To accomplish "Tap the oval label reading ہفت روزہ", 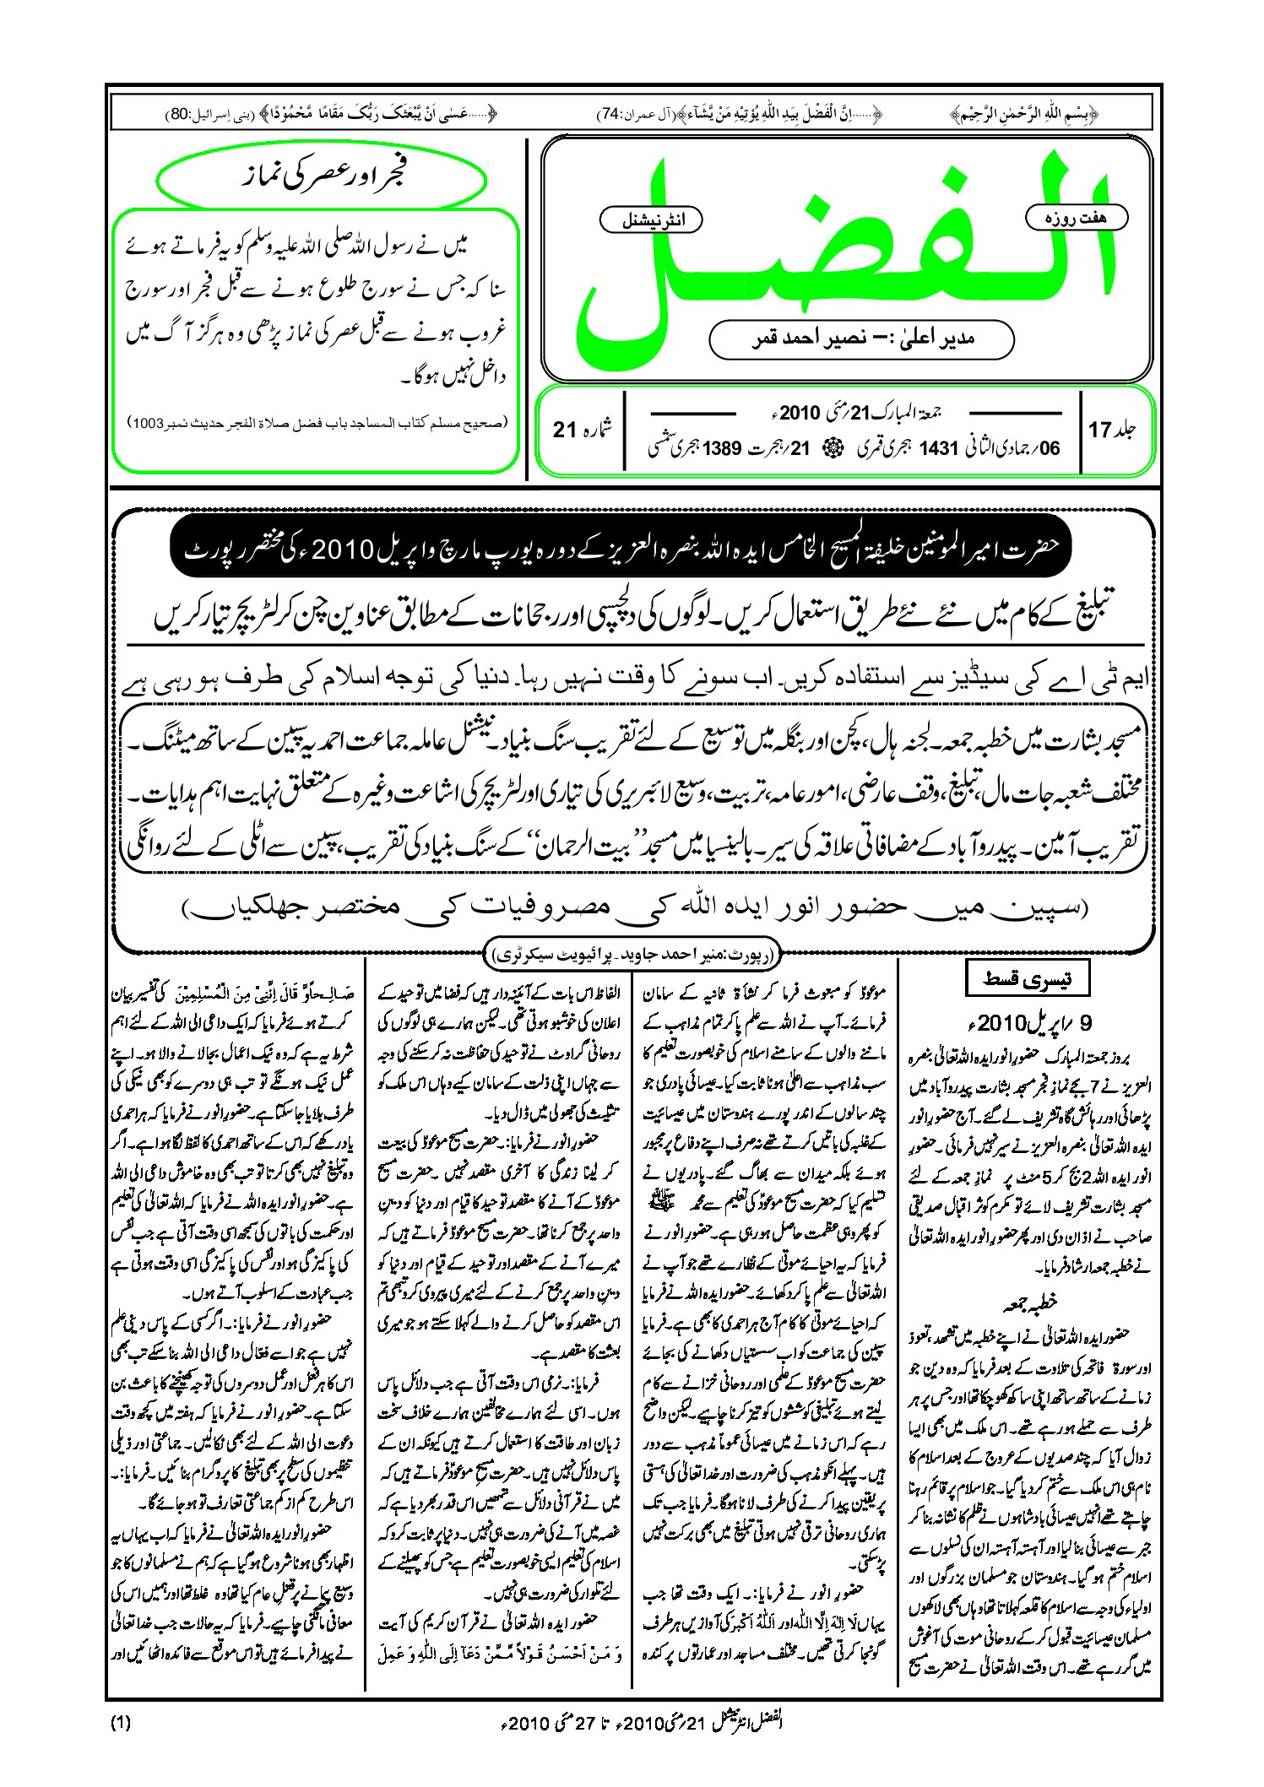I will pyautogui.click(x=1076, y=218).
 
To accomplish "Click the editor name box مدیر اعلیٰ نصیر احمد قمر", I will pyautogui.click(x=861, y=339).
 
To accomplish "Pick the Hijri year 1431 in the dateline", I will pyautogui.click(x=938, y=448).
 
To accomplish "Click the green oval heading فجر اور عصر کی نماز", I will pyautogui.click(x=322, y=178).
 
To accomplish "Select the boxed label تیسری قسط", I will pyautogui.click(x=1027, y=979).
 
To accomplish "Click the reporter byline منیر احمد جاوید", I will pyautogui.click(x=632, y=956).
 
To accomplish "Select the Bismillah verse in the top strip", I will pyautogui.click(x=1023, y=114).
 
